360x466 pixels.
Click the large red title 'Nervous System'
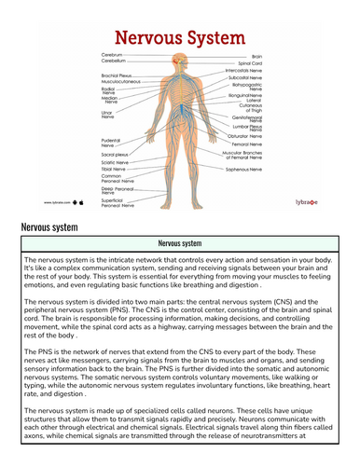coord(179,37)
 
